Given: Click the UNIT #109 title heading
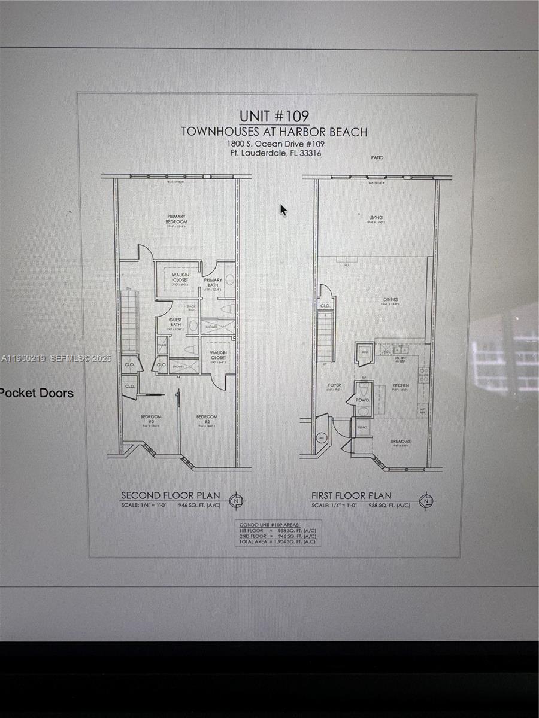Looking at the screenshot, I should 274,116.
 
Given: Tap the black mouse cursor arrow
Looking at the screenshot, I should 283,210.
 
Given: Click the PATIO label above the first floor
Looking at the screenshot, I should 377,157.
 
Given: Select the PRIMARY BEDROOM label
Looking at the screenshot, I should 176,220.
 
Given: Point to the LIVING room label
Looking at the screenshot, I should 376,218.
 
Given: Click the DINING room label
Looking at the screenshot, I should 390,300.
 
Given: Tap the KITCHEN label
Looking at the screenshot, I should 400,385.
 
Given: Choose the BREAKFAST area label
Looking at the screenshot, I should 402,442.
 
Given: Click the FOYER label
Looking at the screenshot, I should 334,385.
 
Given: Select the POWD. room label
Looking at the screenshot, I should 362,400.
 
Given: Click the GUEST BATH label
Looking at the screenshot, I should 175,323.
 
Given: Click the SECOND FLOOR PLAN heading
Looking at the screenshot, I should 170,495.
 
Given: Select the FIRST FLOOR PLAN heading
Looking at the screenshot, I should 351,495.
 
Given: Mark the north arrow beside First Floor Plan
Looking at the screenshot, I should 426,500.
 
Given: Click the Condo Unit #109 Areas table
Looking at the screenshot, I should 277,533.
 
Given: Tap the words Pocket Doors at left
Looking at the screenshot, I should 37,393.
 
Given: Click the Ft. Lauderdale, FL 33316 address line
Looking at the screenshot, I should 275,153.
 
